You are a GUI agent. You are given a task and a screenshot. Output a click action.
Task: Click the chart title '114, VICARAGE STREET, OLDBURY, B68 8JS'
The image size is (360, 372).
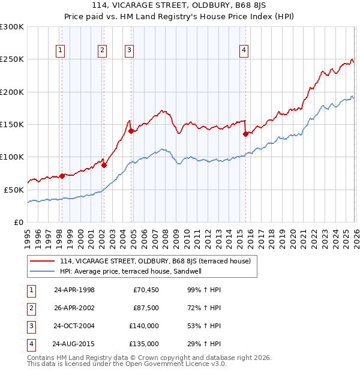tap(179, 7)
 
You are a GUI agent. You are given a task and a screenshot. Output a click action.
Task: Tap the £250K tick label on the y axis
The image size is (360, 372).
tap(12, 59)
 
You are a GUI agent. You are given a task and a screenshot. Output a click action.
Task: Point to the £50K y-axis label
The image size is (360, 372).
tap(14, 190)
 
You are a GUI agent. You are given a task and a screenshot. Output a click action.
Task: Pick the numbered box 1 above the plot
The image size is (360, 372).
tap(61, 51)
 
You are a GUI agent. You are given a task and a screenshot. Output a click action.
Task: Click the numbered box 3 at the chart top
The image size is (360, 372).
tap(129, 51)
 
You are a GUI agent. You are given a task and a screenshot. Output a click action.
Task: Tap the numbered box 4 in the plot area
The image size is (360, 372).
tap(244, 51)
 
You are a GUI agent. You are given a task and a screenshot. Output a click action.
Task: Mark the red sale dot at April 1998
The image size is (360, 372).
tap(62, 176)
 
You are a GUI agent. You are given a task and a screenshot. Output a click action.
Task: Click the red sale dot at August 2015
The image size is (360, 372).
tap(245, 134)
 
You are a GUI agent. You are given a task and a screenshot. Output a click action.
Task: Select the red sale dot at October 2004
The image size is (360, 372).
tap(131, 131)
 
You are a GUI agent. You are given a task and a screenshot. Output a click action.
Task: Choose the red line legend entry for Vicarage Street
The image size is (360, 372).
tap(158, 261)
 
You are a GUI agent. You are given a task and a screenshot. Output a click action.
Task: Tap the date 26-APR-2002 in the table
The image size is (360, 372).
tap(74, 308)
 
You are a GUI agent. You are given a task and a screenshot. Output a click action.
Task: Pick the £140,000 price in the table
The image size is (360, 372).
tap(144, 326)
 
